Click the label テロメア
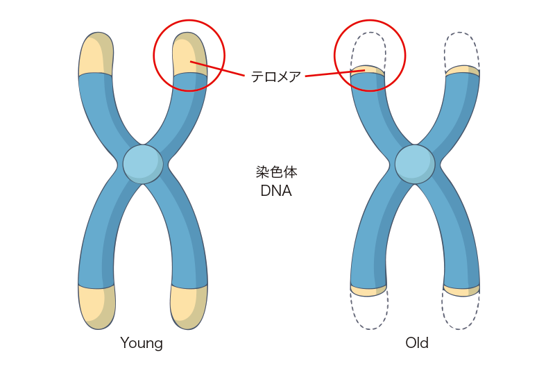[276, 77]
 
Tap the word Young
[142, 343]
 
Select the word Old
[417, 343]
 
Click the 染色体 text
[276, 172]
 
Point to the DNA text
[276, 191]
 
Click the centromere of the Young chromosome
[143, 164]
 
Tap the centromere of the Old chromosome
[415, 164]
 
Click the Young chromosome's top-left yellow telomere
[95, 54]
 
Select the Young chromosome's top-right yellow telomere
[189, 54]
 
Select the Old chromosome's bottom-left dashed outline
[369, 313]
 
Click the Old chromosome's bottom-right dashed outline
[461, 313]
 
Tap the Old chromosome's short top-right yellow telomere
[462, 70]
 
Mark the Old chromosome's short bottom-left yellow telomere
[368, 290]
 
